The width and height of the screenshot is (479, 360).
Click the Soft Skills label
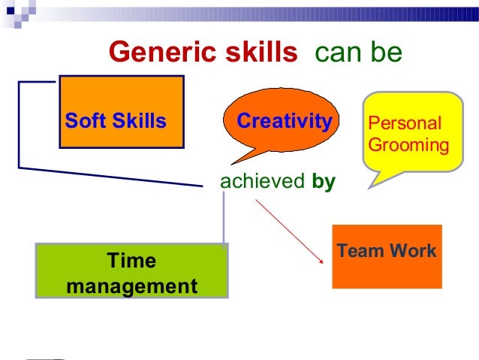coord(116,121)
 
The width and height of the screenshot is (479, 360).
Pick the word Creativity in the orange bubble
coord(284,121)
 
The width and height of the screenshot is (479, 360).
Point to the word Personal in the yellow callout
coord(404,123)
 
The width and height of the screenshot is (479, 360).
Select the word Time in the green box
coord(132,261)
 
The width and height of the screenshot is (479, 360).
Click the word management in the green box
coord(132,286)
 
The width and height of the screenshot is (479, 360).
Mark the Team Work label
coord(387,251)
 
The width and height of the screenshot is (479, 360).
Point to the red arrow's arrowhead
coord(315,259)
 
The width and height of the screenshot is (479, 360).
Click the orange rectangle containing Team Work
coord(387,274)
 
